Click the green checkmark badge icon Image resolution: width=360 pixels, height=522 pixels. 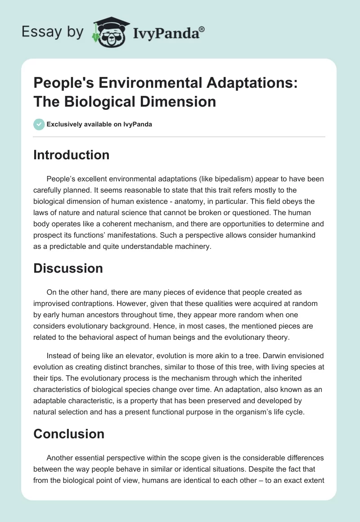(39, 124)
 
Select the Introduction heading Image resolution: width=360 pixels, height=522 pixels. (72, 155)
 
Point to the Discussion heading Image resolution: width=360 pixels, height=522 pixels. (68, 268)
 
